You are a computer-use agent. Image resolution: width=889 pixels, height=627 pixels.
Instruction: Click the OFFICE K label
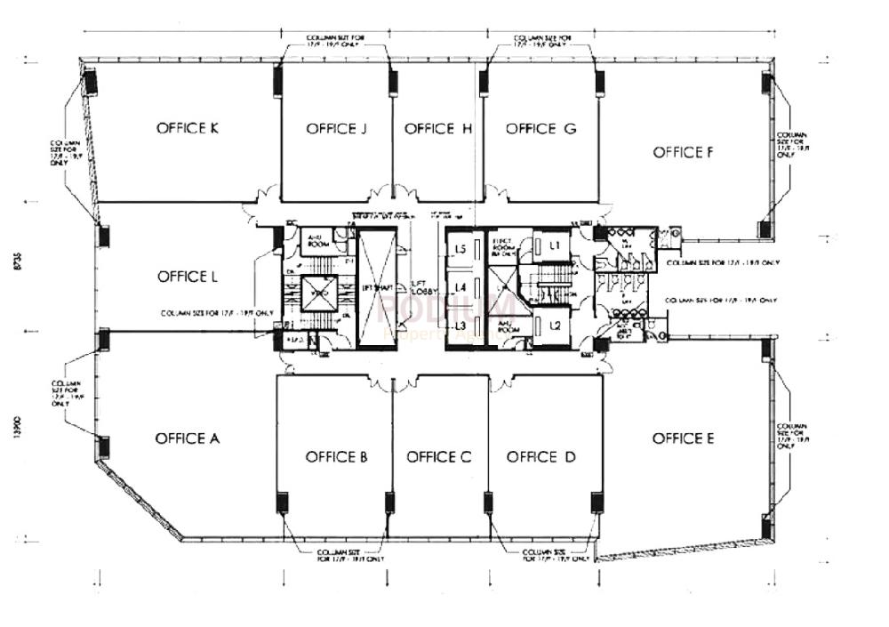[188, 128]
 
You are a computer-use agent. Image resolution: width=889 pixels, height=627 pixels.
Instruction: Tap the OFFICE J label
[337, 129]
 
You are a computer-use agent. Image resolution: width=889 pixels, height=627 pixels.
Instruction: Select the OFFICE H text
[437, 129]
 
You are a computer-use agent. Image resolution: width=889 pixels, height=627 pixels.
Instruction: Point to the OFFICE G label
[541, 129]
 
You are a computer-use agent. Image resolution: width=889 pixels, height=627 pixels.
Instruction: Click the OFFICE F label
[683, 152]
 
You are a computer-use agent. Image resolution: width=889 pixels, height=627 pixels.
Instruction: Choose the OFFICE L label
[188, 277]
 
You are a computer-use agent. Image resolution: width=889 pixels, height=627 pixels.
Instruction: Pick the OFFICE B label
[336, 457]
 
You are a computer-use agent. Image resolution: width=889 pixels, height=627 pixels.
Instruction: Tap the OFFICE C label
[438, 457]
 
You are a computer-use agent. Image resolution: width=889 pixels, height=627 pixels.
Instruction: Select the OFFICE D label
[541, 457]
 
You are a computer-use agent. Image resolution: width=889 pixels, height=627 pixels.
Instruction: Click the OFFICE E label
[683, 438]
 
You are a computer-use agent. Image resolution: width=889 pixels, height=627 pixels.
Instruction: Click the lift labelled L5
[461, 250]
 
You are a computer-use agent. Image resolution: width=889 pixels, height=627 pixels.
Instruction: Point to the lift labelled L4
[461, 287]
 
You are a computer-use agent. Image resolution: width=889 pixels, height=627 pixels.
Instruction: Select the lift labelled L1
[554, 245]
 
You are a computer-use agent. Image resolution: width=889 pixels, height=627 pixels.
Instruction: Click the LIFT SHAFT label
[378, 287]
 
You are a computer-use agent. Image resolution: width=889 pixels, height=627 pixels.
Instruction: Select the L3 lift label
[461, 326]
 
